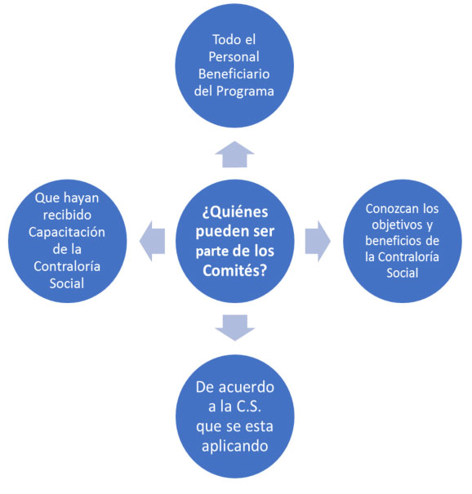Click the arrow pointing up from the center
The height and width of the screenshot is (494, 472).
click(234, 154)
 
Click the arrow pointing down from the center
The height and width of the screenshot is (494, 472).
click(234, 327)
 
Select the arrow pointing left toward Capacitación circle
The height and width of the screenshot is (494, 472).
click(152, 242)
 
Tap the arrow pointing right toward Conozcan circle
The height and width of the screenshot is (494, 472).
click(318, 242)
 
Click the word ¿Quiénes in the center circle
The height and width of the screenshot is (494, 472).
click(235, 212)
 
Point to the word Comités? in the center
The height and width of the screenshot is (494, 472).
click(235, 270)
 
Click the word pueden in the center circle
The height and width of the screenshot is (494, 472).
click(217, 232)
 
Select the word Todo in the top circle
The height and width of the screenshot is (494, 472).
click(225, 40)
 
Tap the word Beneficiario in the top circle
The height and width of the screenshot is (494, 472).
click(234, 74)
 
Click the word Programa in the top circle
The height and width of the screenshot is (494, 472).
click(245, 91)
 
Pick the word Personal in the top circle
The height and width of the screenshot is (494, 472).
click(234, 56)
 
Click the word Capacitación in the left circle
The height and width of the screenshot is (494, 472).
click(67, 233)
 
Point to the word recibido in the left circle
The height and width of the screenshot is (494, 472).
click(67, 215)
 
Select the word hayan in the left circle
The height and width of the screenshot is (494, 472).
click(82, 198)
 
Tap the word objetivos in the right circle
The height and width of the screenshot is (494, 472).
click(397, 225)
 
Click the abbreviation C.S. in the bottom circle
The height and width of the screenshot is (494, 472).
click(249, 407)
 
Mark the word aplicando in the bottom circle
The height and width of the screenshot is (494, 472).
click(235, 447)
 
